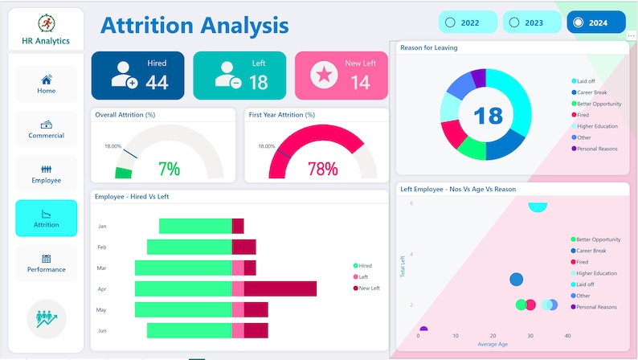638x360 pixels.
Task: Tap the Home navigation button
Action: [x=47, y=84]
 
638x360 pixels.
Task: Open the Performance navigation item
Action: [x=47, y=263]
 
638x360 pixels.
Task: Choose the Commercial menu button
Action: [x=47, y=129]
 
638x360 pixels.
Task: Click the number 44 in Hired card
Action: [x=157, y=82]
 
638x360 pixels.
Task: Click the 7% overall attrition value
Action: [x=169, y=169]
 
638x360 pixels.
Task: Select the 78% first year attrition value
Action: [x=322, y=169]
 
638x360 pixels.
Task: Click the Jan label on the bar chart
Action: [x=102, y=227]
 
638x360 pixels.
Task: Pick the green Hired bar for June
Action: [x=183, y=330]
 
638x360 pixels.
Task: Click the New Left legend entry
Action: [x=369, y=288]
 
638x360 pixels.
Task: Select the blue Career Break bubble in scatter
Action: [x=517, y=280]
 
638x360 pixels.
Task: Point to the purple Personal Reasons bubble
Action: [x=423, y=329]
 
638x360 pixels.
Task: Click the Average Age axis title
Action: [x=493, y=344]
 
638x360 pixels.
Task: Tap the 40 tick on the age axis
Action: [x=567, y=336]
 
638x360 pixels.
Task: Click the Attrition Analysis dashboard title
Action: [x=194, y=26]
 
